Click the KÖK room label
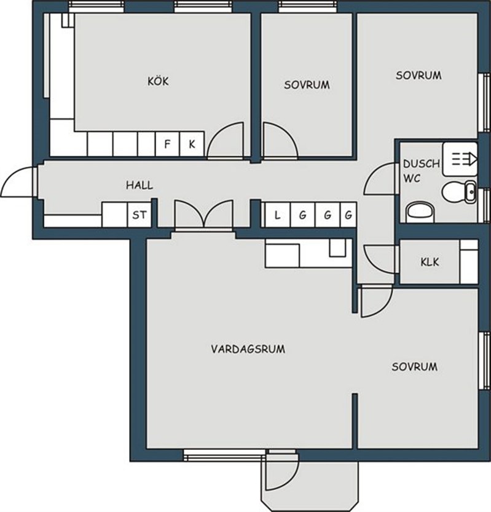[x=158, y=81]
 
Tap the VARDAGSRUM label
[x=248, y=349]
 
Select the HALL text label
[x=139, y=186]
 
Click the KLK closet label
[x=430, y=262]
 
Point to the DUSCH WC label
[x=421, y=171]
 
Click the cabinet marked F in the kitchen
[x=168, y=144]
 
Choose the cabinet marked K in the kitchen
[x=192, y=144]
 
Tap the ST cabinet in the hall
[x=139, y=215]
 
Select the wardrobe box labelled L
[x=278, y=215]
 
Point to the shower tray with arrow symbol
[x=460, y=159]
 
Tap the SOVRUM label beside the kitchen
[x=307, y=85]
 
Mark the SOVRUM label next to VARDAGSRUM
[x=415, y=367]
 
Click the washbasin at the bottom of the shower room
[x=420, y=212]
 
